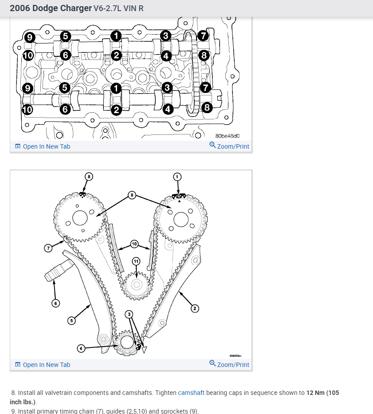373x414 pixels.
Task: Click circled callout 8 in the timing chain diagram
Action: [x=89, y=177]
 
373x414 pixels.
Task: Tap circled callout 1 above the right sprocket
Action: [x=177, y=177]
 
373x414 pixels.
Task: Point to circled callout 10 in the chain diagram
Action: [x=134, y=244]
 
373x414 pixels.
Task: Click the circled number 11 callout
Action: [x=136, y=261]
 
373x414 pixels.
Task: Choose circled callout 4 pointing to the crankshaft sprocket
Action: [x=81, y=348]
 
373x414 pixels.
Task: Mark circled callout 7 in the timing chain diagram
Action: [x=48, y=248]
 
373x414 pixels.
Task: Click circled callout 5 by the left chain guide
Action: [x=71, y=320]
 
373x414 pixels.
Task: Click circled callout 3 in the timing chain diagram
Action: [x=130, y=314]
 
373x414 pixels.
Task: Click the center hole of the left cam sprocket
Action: [x=80, y=218]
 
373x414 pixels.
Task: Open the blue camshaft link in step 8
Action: [x=191, y=393]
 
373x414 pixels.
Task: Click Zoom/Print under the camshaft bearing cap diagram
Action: [x=229, y=146]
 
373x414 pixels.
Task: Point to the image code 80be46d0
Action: [x=228, y=136]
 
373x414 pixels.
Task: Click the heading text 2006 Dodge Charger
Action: [x=51, y=8]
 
